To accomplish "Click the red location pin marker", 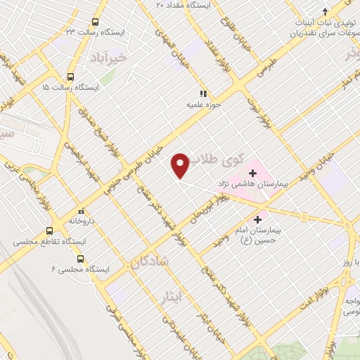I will [x=181, y=164].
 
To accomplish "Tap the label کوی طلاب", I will [x=214, y=160].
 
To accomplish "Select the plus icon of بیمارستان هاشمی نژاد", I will [x=252, y=172].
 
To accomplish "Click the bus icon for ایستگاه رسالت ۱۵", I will [x=70, y=77].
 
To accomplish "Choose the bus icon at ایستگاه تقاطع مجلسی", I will [x=49, y=231].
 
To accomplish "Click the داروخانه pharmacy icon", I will [x=82, y=210].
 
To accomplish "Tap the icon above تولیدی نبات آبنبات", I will [x=325, y=11].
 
